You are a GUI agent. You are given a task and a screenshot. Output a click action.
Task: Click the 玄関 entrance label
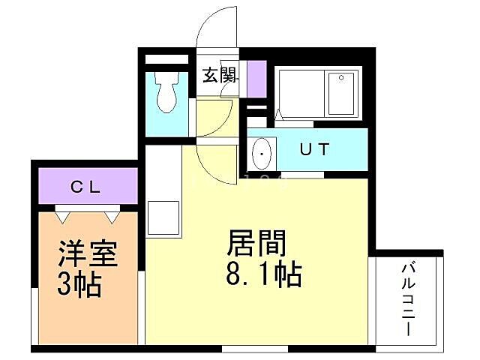(x=220, y=76)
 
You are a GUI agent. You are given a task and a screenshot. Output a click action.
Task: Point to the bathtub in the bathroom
(x=318, y=93)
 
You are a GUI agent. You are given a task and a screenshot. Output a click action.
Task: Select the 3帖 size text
(x=80, y=286)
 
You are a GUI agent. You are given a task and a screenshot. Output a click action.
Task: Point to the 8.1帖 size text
(x=262, y=274)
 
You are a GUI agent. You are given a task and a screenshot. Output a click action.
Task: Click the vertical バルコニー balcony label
(x=409, y=298)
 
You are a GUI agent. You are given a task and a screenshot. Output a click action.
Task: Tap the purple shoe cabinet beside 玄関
(x=256, y=77)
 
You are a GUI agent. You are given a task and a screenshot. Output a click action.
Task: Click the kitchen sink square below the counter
(x=162, y=217)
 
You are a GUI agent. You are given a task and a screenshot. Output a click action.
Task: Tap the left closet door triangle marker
(x=62, y=217)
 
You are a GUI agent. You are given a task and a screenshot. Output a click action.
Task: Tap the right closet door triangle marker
(x=112, y=217)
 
